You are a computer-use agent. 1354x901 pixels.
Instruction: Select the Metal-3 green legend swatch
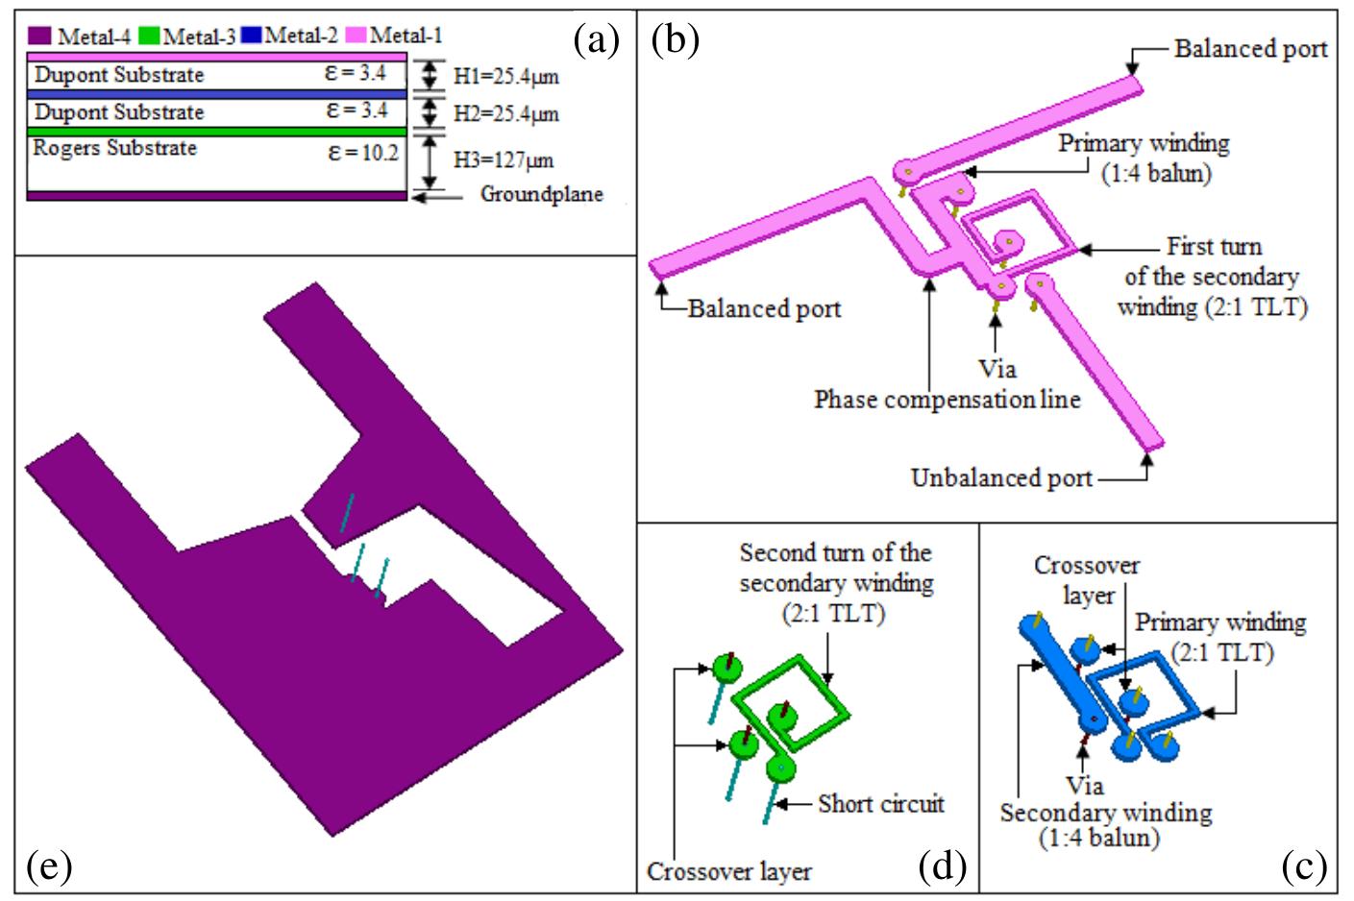[x=149, y=37]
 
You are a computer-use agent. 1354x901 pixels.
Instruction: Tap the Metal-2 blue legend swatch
[x=252, y=37]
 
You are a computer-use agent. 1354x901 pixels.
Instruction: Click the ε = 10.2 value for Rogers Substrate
[x=363, y=152]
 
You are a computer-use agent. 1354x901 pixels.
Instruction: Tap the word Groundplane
[x=541, y=195]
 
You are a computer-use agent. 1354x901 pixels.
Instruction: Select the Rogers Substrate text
[x=114, y=149]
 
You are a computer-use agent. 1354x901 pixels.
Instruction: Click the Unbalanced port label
[x=1001, y=477]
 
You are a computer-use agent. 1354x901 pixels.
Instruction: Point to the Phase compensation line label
[x=947, y=400]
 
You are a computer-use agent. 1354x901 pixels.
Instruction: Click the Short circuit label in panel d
[x=881, y=804]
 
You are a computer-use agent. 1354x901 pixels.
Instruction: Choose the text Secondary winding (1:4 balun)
[x=1105, y=825]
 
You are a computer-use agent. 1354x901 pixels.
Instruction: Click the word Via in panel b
[x=996, y=369]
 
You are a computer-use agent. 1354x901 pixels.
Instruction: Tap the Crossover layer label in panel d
[x=728, y=872]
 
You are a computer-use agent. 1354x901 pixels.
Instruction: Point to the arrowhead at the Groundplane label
[x=415, y=195]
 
